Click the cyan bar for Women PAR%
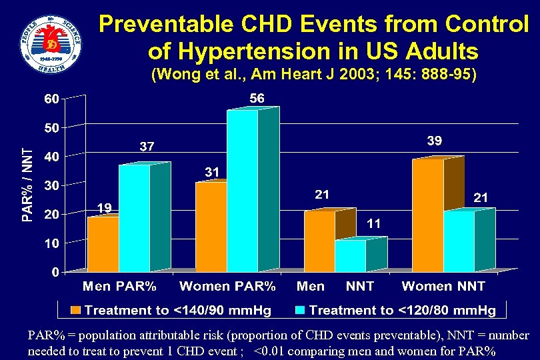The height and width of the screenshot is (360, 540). (242, 190)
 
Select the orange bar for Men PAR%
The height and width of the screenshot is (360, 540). (103, 244)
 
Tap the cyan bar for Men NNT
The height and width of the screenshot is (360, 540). (350, 256)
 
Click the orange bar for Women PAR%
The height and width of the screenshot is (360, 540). (211, 227)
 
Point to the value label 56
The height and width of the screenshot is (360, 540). (257, 99)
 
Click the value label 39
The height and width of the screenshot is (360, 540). (434, 141)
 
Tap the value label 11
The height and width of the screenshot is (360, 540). (373, 225)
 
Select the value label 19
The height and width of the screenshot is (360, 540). (103, 208)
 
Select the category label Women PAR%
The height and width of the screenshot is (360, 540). (227, 287)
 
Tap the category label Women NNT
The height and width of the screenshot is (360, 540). (443, 287)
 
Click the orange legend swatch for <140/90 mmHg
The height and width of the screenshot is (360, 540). (76, 310)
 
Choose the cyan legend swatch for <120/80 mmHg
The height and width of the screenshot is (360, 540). (300, 310)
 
